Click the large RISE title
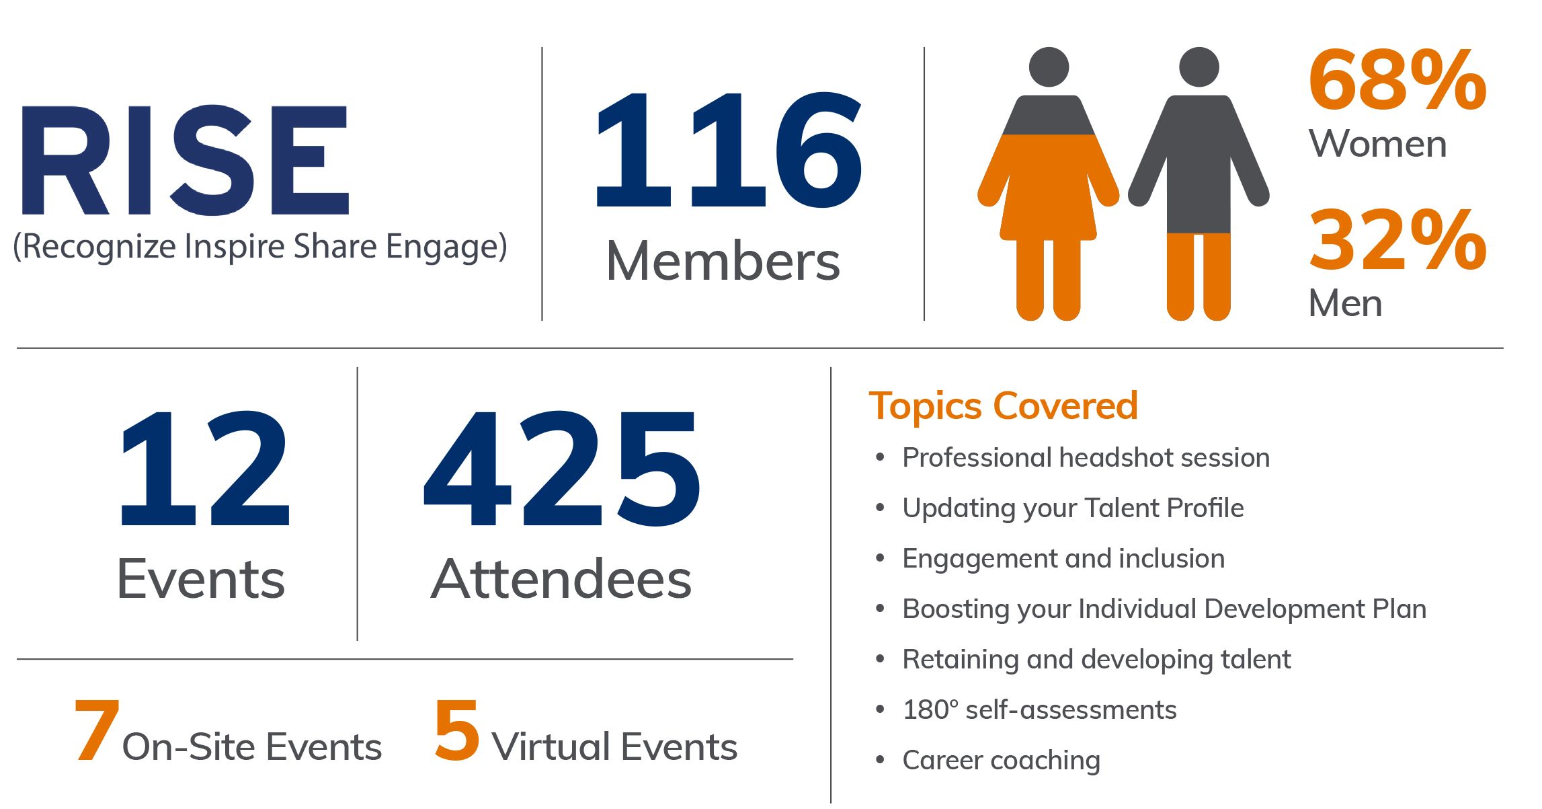click(x=186, y=160)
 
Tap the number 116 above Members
click(x=728, y=149)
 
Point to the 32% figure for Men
click(x=1397, y=239)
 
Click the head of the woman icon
click(x=1049, y=67)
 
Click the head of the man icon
click(x=1199, y=67)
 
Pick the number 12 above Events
click(x=204, y=468)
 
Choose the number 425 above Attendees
click(x=562, y=468)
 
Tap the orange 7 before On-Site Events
click(x=97, y=730)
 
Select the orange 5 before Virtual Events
click(x=457, y=730)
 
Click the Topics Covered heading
click(x=1003, y=406)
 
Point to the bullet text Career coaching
click(x=1001, y=761)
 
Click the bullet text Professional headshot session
click(x=1086, y=457)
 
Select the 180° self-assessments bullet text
click(x=1039, y=709)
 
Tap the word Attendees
click(x=561, y=579)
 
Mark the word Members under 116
click(x=723, y=261)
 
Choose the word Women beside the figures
click(x=1377, y=144)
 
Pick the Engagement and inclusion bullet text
click(x=1063, y=559)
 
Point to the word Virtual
click(x=551, y=746)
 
